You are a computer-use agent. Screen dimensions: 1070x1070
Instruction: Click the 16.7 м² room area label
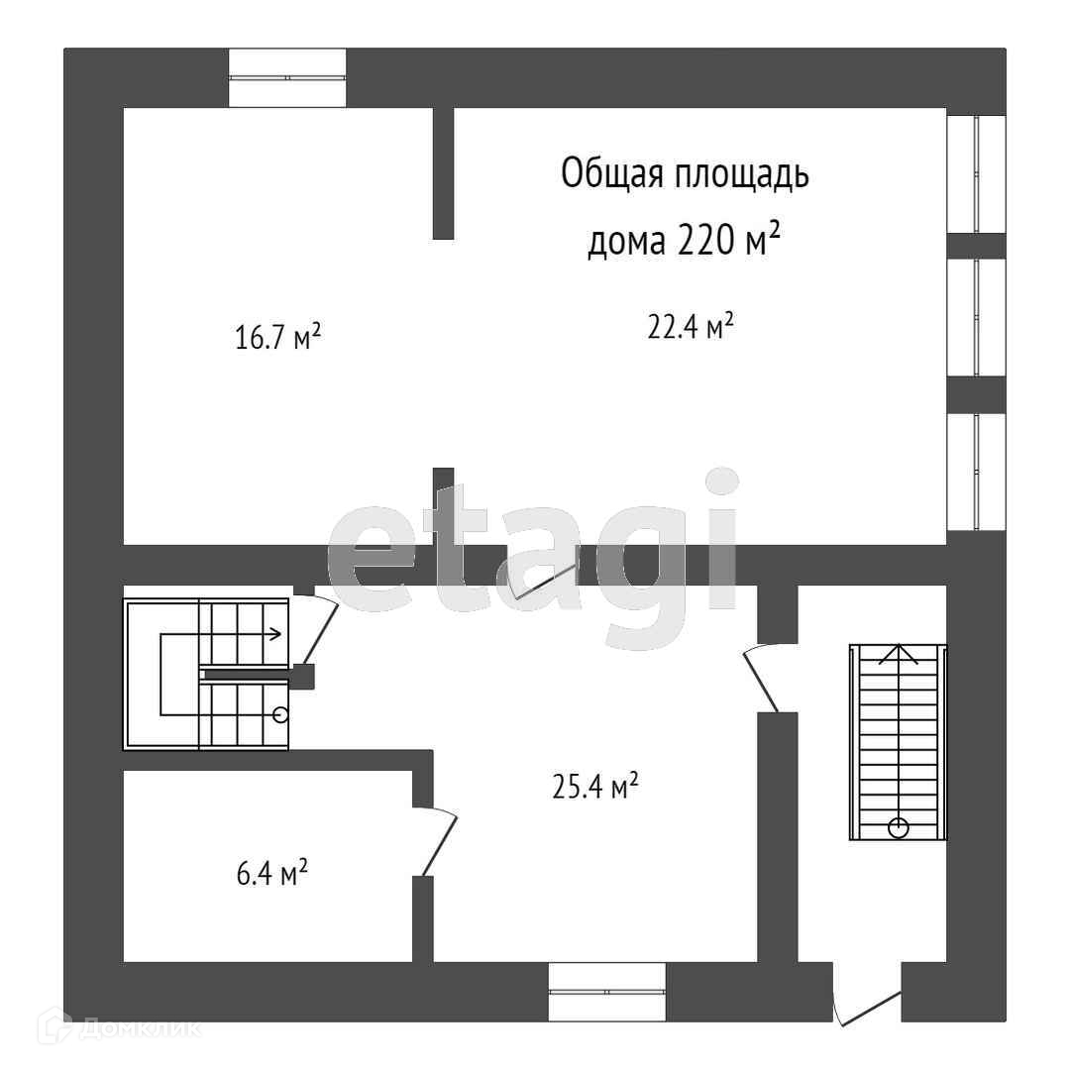[278, 338]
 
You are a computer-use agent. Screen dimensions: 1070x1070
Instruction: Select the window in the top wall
[287, 77]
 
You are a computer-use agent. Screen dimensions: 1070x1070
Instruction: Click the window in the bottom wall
[607, 991]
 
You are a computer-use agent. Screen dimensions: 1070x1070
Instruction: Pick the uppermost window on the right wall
[977, 173]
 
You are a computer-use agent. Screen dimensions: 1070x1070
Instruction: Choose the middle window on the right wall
[977, 317]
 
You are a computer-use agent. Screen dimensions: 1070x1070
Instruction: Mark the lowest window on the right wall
[977, 472]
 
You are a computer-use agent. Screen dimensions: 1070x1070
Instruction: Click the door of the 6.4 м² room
[440, 843]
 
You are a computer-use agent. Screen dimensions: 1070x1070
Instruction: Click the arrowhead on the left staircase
[277, 631]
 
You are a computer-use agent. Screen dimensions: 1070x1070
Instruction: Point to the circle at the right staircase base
[899, 827]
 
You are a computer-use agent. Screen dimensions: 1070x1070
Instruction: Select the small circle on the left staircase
[280, 712]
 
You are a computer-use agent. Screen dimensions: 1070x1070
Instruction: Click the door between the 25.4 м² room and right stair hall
[761, 679]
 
